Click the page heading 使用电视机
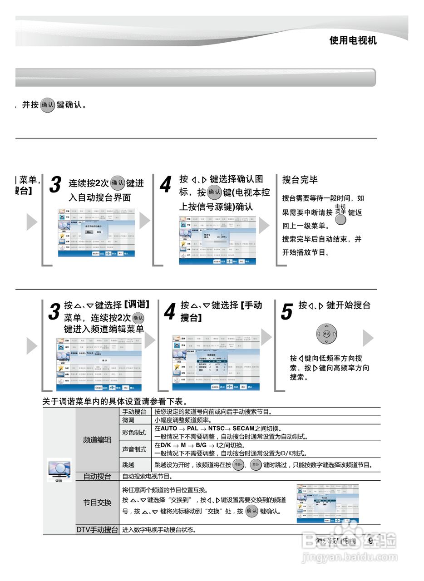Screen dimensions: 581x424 tap(353, 40)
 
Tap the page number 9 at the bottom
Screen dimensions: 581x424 tap(371, 541)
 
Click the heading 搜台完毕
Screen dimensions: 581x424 tap(300, 180)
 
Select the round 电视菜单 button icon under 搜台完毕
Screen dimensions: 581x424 tap(340, 220)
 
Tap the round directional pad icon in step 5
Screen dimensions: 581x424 tap(327, 334)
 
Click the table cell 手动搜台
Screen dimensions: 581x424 tap(134, 412)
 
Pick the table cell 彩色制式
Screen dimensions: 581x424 tap(134, 433)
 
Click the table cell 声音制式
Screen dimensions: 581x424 tap(134, 449)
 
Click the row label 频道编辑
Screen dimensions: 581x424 tap(97, 440)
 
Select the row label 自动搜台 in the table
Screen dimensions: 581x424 tap(97, 477)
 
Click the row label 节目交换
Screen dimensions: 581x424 tap(97, 503)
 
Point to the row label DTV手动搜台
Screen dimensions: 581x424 tap(97, 530)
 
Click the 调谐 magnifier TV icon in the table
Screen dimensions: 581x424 tap(59, 469)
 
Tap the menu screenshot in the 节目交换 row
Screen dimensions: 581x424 tap(328, 503)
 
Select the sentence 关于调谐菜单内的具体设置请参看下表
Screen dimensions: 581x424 tap(115, 401)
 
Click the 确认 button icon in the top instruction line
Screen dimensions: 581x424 tap(48, 105)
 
